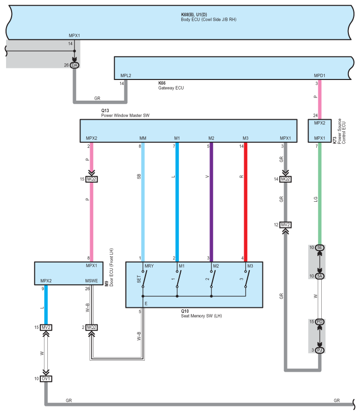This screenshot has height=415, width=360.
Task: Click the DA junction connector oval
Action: pyautogui.click(x=75, y=65)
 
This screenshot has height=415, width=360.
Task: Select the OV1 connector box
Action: pyautogui.click(x=46, y=379)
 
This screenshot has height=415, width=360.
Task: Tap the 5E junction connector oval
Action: pyautogui.click(x=320, y=247)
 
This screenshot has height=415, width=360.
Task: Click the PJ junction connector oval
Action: pyautogui.click(x=320, y=350)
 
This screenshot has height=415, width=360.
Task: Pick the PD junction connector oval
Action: pyautogui.click(x=320, y=321)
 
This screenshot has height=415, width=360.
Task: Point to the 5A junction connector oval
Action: pyautogui.click(x=320, y=276)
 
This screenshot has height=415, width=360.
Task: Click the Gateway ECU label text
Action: pyautogui.click(x=171, y=88)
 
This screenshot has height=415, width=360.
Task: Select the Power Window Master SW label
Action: pyautogui.click(x=125, y=115)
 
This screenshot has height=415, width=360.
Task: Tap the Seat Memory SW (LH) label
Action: pyautogui.click(x=201, y=316)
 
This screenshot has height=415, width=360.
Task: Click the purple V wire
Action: pyautogui.click(x=211, y=202)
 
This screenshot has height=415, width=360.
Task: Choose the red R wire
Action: pyautogui.click(x=246, y=202)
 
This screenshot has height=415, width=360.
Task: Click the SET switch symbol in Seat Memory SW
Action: pyautogui.click(x=143, y=279)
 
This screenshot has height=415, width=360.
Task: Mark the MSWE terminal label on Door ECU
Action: pyautogui.click(x=92, y=281)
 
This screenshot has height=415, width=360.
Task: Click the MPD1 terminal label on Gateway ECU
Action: pyautogui.click(x=320, y=75)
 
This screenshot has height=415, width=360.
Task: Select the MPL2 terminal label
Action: pyautogui.click(x=126, y=75)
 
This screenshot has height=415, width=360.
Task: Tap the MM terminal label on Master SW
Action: pyautogui.click(x=143, y=138)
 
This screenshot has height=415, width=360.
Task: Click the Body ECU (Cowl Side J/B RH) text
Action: pyautogui.click(x=209, y=20)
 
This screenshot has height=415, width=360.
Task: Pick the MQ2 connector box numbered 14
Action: pyautogui.click(x=285, y=179)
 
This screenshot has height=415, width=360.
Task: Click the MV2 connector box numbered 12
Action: pyautogui.click(x=285, y=225)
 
